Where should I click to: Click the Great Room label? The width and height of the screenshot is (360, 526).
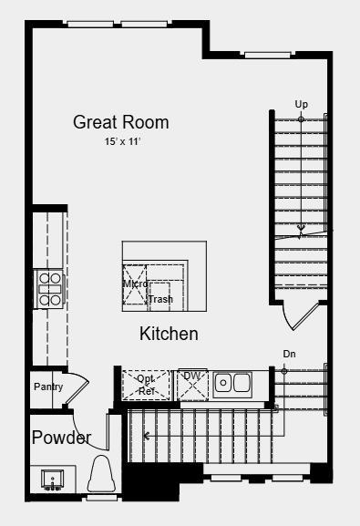click(x=120, y=122)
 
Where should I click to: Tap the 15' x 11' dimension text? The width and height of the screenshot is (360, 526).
click(x=121, y=142)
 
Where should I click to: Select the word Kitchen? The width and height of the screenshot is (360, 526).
click(x=169, y=334)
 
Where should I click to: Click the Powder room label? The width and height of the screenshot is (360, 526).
click(x=61, y=438)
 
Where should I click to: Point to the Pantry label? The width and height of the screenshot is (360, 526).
click(x=48, y=387)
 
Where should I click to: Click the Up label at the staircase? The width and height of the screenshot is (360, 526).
click(x=302, y=105)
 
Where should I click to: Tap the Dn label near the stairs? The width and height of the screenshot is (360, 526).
click(x=289, y=354)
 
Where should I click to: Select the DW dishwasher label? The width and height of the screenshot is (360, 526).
click(x=192, y=376)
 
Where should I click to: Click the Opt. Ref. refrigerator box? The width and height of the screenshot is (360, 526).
click(x=147, y=385)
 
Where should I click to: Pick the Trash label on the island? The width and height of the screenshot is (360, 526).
click(x=160, y=299)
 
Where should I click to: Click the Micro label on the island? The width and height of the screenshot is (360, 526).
click(x=136, y=284)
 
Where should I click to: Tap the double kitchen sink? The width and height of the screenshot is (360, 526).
click(x=232, y=384)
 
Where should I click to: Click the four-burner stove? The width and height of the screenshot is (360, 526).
click(x=50, y=288)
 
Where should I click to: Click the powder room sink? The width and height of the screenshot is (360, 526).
click(x=52, y=479)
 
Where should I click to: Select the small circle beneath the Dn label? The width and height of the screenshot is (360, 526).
click(x=284, y=371)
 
